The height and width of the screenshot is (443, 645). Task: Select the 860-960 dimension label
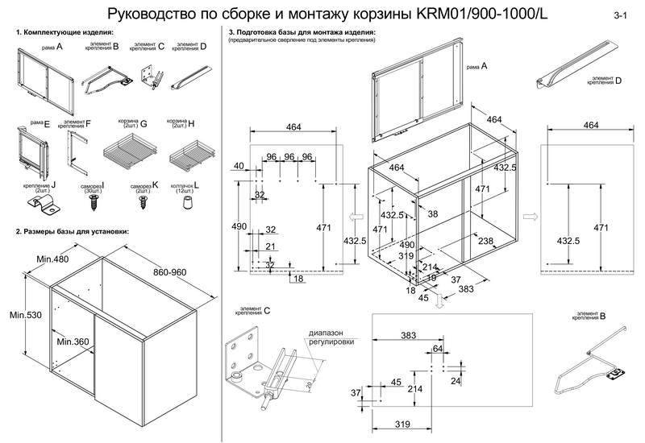(169, 272)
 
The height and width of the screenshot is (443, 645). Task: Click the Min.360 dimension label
(73, 342)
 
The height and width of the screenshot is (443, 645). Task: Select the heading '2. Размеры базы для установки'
(73, 232)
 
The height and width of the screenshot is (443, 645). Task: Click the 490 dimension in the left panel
(239, 227)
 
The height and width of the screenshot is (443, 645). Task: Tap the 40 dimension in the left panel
(239, 166)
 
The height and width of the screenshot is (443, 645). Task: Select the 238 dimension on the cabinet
(486, 242)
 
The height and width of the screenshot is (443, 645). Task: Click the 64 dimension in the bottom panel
(438, 349)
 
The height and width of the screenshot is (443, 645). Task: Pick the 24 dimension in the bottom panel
(456, 381)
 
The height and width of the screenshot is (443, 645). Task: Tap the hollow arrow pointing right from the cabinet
(531, 216)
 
